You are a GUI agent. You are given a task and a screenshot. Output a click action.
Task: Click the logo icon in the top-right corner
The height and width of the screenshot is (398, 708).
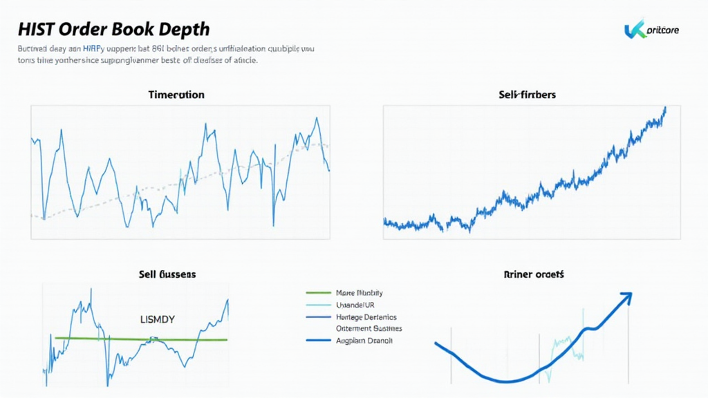coord(635,30)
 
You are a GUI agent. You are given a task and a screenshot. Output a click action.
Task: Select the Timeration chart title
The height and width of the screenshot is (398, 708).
coord(176,95)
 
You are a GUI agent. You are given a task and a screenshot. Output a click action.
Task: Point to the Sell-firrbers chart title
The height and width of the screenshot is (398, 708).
coord(527,95)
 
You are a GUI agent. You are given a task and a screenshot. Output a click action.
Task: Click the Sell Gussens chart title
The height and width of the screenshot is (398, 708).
coord(167,274)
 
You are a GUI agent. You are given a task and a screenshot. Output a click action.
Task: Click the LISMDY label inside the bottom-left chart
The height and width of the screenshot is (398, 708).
coord(158,319)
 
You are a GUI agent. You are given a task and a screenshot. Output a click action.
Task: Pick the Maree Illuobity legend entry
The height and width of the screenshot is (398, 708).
coord(360,293)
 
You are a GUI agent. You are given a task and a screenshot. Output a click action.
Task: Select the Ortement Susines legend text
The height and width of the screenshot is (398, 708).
coord(369,329)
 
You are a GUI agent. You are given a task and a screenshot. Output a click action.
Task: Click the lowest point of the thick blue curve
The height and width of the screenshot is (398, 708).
coord(507,381)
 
